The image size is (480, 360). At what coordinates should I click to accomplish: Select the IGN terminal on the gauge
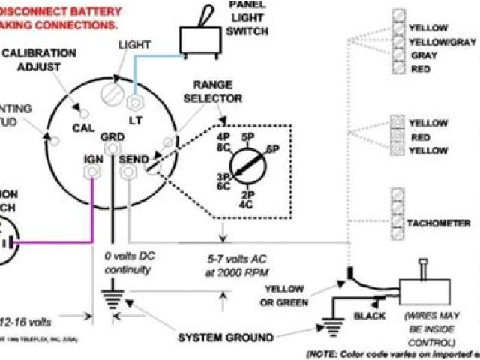(92, 172)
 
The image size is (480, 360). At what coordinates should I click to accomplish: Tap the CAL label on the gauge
(83, 128)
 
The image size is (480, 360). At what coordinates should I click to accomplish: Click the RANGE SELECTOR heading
(217, 91)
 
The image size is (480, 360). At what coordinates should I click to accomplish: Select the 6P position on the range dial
(272, 149)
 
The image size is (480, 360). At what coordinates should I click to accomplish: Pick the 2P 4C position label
(246, 198)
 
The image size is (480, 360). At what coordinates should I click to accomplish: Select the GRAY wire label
(424, 55)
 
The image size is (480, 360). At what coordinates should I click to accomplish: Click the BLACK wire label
(370, 316)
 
